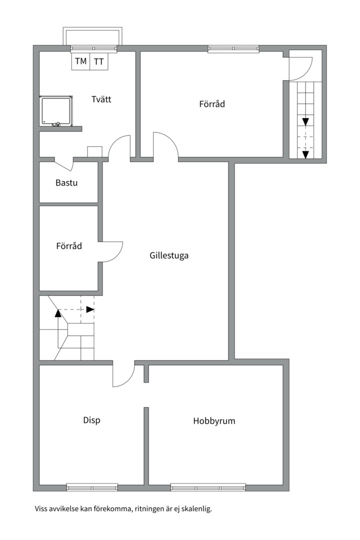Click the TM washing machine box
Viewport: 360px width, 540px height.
tap(80, 61)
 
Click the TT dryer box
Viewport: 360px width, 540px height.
tap(99, 61)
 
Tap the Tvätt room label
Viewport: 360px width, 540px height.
tap(101, 99)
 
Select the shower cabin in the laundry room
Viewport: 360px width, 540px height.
tap(56, 110)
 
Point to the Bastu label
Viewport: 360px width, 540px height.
tap(66, 182)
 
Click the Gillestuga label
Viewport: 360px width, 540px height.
tap(169, 255)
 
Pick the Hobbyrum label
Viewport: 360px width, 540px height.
tap(214, 420)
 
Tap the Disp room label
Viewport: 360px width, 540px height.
tap(91, 420)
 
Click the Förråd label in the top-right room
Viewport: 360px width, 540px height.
tap(212, 103)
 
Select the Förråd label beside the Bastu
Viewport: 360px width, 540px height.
tap(69, 246)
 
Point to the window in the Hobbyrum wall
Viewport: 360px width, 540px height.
tap(208, 487)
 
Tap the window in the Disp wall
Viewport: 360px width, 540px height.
tap(92, 487)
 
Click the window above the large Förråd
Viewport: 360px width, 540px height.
tap(233, 49)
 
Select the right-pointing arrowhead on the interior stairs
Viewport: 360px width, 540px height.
tap(90, 309)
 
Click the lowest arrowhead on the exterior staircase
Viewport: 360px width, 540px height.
tap(305, 154)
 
